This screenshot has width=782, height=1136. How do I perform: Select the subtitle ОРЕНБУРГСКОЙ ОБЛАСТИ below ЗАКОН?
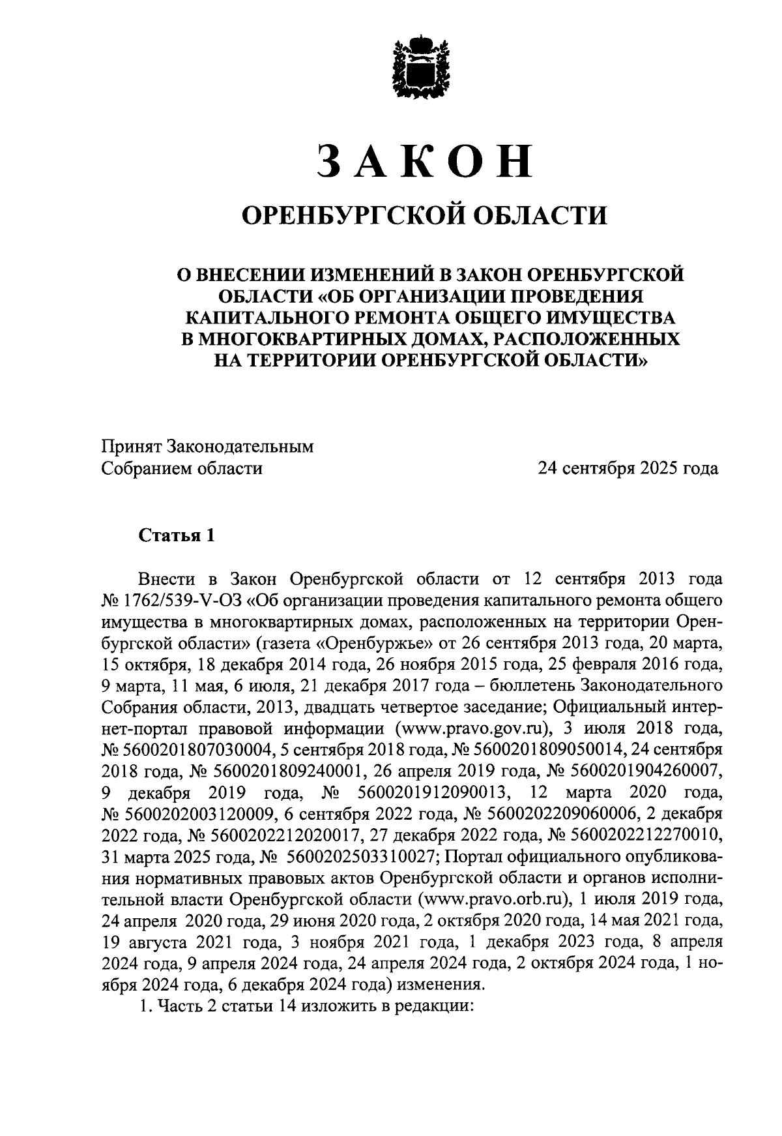[424, 215]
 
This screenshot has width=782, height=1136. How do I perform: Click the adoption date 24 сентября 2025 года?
[627, 468]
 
